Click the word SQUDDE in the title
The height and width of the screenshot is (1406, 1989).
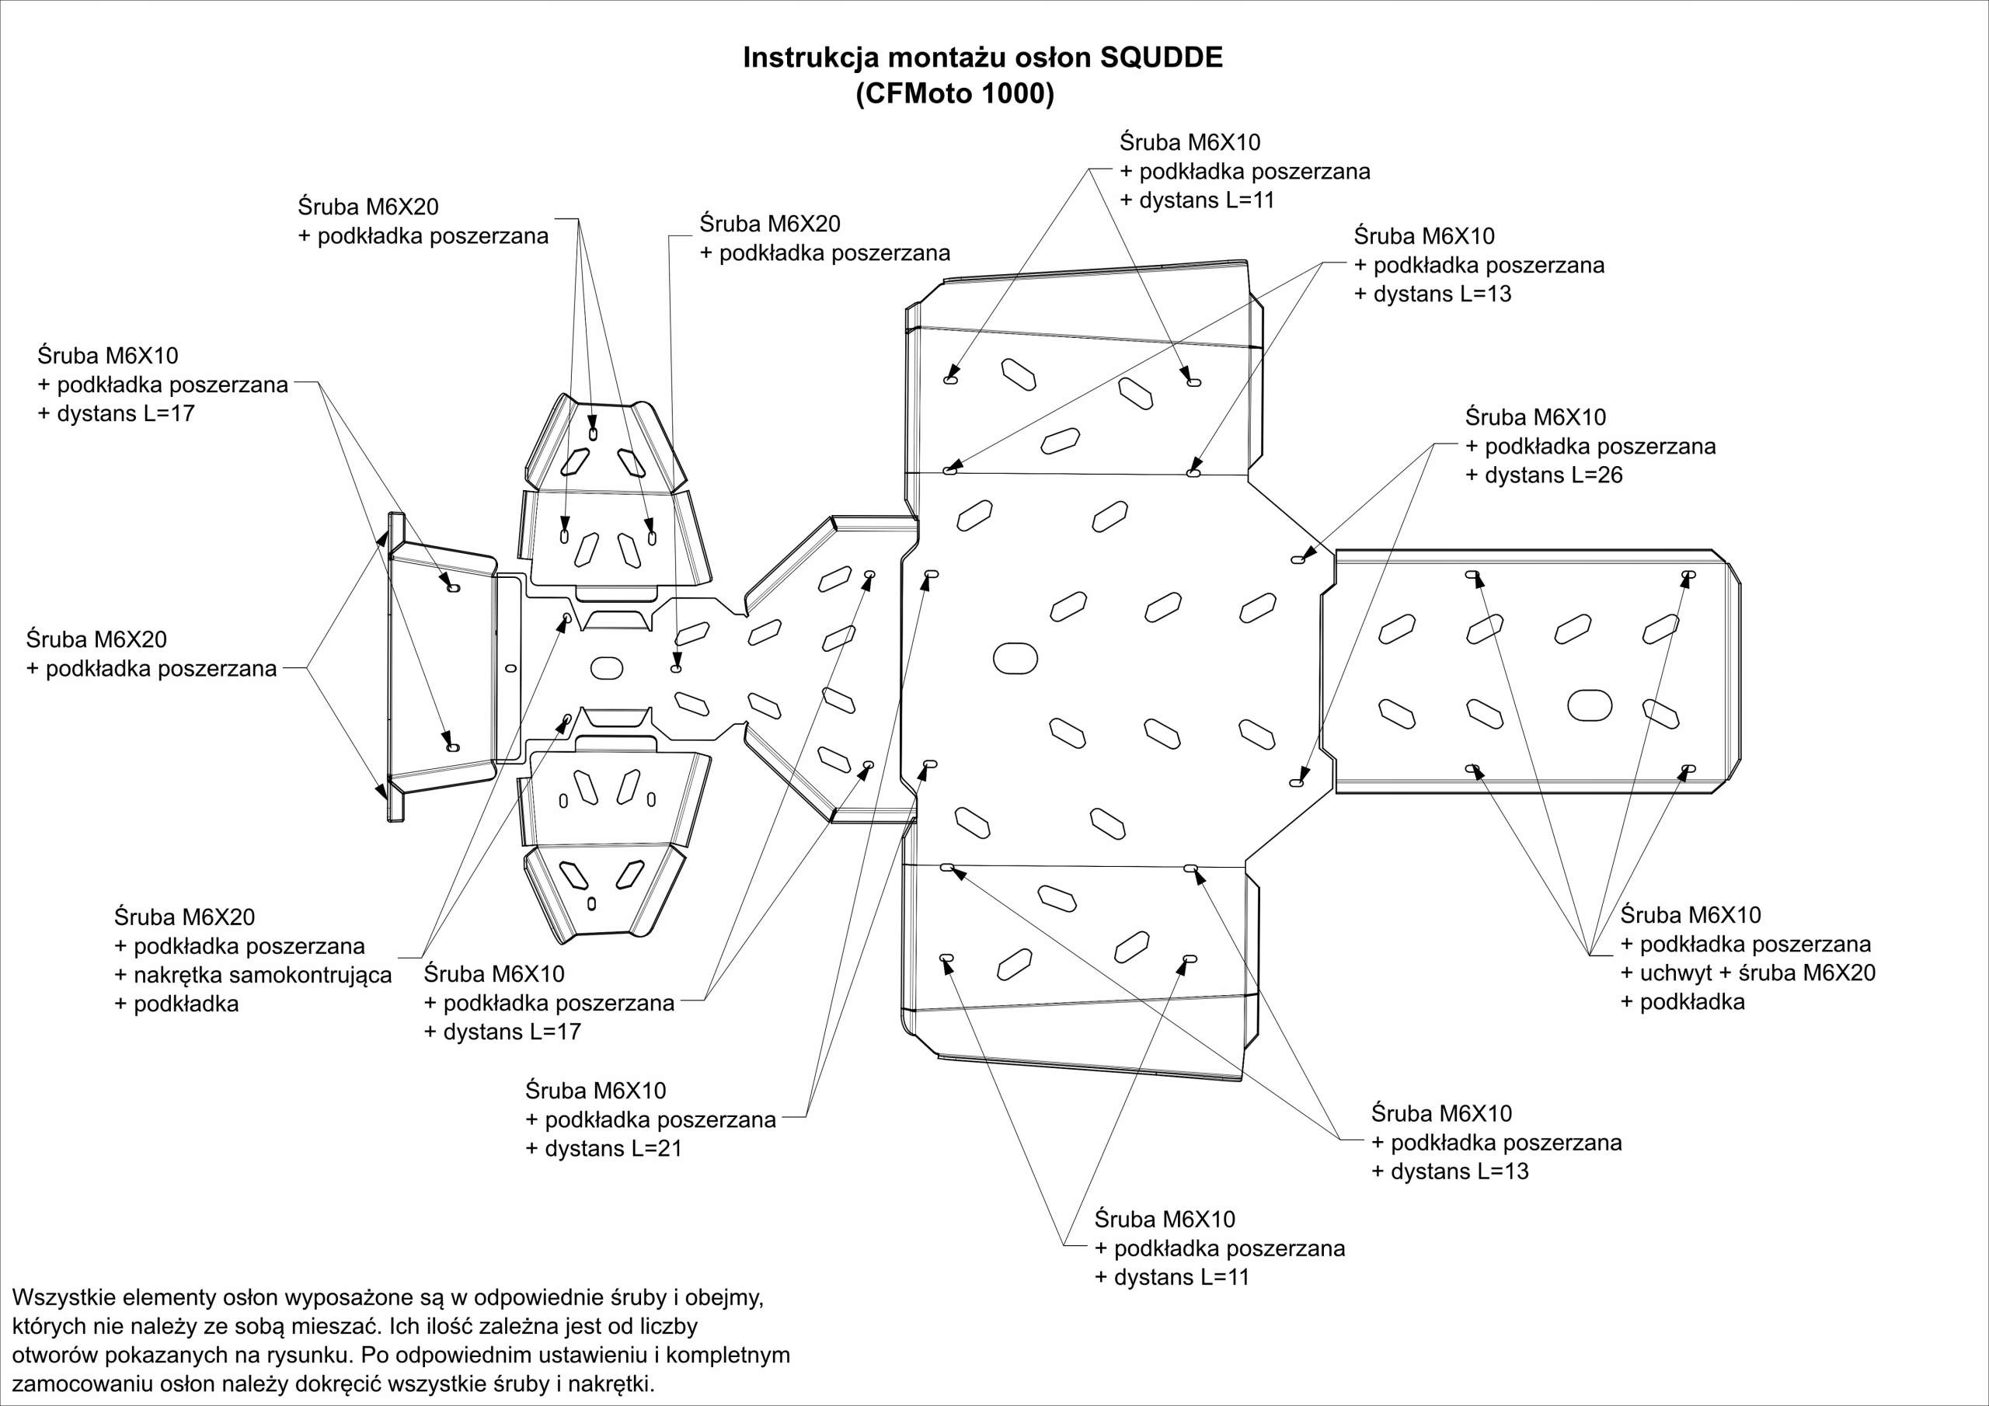[1161, 57]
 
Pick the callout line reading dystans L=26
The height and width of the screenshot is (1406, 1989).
[1544, 475]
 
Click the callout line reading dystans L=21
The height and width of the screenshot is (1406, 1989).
[604, 1149]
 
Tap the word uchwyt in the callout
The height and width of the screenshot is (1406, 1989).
[1675, 973]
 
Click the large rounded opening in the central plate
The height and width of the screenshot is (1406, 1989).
[1015, 659]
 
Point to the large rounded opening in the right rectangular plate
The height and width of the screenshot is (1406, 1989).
[1590, 705]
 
